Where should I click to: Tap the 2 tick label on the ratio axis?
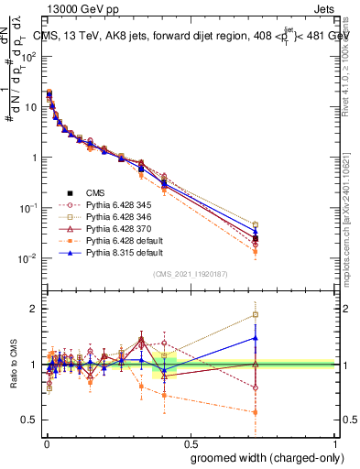point(34,308)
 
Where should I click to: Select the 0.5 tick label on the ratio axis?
point(29,420)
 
